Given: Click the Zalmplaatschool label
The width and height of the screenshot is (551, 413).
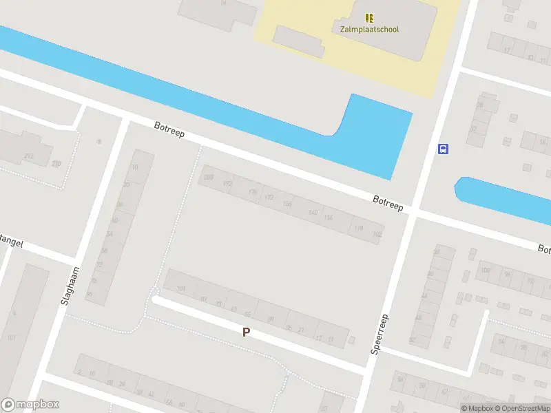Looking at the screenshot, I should [x=369, y=30].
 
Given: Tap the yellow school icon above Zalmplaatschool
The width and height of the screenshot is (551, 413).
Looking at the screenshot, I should [x=370, y=18].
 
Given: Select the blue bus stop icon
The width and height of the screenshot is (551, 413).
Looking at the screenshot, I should [x=444, y=149].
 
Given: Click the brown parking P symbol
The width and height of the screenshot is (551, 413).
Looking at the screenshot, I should [x=246, y=332].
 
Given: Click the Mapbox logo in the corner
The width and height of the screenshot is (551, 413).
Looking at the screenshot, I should [x=30, y=405].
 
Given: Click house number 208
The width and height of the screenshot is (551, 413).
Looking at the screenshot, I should [x=208, y=178].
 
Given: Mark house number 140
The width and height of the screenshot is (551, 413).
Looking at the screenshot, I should [x=313, y=212].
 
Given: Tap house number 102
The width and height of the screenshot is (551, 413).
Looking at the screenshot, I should [x=376, y=234].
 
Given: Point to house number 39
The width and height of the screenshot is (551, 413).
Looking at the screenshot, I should [x=271, y=319].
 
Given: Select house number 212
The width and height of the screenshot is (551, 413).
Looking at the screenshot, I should [x=28, y=157].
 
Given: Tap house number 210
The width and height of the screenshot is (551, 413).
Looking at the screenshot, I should [x=56, y=163].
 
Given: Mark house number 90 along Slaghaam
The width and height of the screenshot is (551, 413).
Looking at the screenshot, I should [x=90, y=294].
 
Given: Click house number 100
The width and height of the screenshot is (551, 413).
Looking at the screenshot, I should [x=486, y=269].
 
